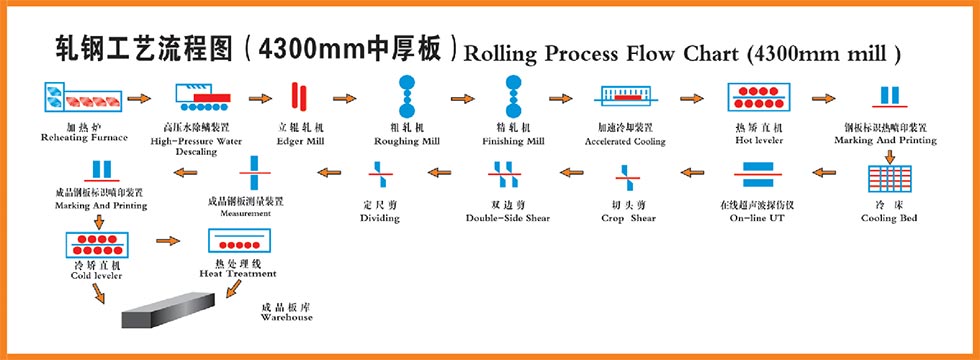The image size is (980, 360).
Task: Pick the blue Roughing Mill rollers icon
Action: click(x=408, y=96)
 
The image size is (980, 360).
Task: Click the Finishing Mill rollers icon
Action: click(x=514, y=96)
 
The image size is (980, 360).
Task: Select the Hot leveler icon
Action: click(x=758, y=99)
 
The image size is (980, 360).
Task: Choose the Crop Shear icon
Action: click(x=628, y=182)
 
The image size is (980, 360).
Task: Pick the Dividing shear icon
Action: click(x=379, y=182)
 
